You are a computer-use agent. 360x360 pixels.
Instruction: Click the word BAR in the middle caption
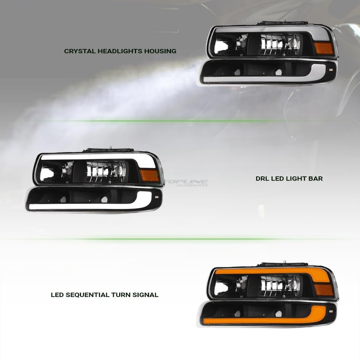point(316,179)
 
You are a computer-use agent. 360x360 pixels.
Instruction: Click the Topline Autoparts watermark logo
point(185,183)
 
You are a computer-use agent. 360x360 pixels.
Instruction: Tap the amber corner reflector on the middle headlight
point(149,175)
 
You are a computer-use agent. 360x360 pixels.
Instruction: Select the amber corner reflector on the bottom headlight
point(324,289)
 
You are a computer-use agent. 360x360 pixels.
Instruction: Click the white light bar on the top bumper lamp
point(270,79)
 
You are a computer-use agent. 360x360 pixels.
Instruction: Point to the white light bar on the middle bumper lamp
point(90,206)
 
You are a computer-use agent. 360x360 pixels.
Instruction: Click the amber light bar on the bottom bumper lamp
point(270,320)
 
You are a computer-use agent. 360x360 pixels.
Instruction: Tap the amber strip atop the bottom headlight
point(270,271)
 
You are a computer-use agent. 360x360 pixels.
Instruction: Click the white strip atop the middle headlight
point(90,157)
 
